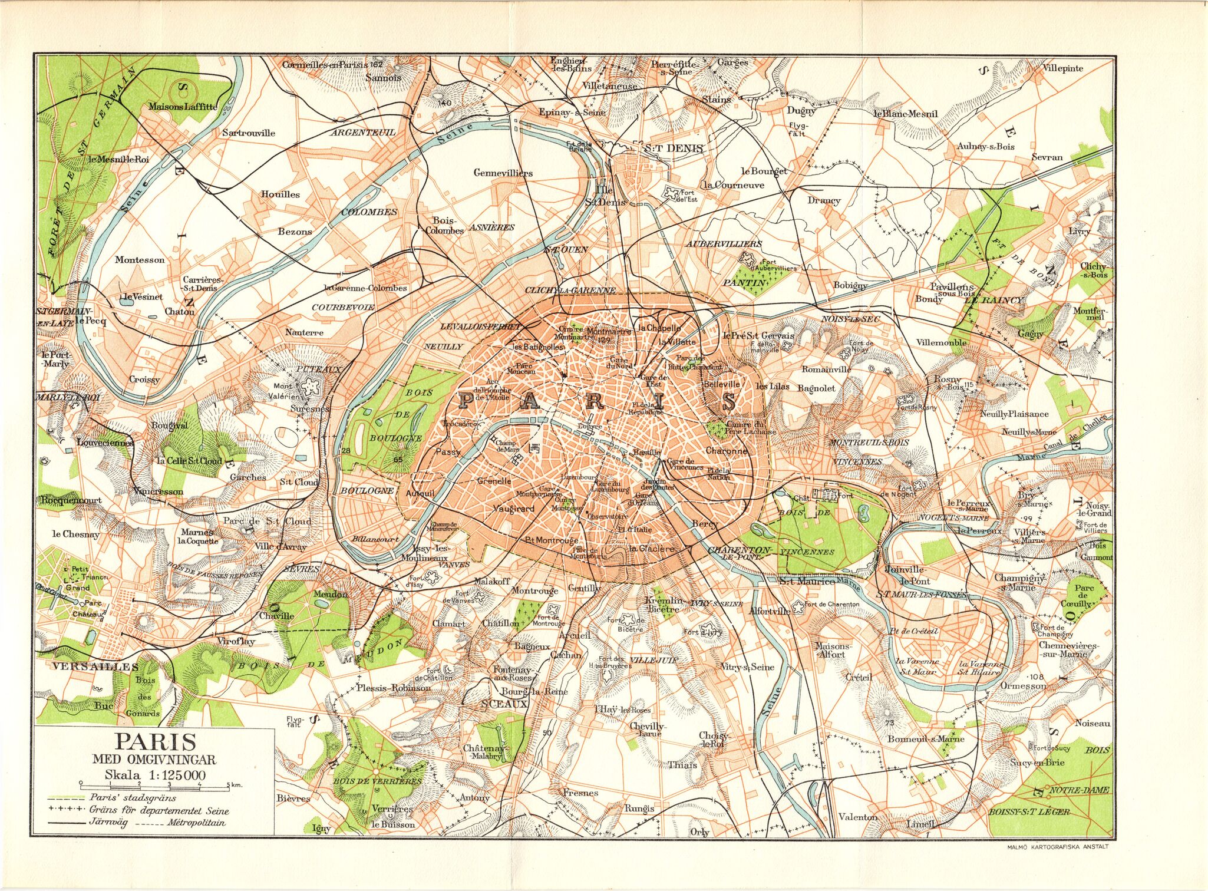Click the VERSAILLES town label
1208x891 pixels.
click(95, 666)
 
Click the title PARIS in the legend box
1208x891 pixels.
click(155, 741)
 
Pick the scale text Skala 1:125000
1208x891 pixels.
click(155, 775)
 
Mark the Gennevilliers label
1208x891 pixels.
click(503, 173)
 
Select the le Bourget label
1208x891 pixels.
click(764, 171)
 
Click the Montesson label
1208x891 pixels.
click(140, 260)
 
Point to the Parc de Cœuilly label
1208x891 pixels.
click(1084, 596)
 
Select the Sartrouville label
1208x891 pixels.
click(248, 133)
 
